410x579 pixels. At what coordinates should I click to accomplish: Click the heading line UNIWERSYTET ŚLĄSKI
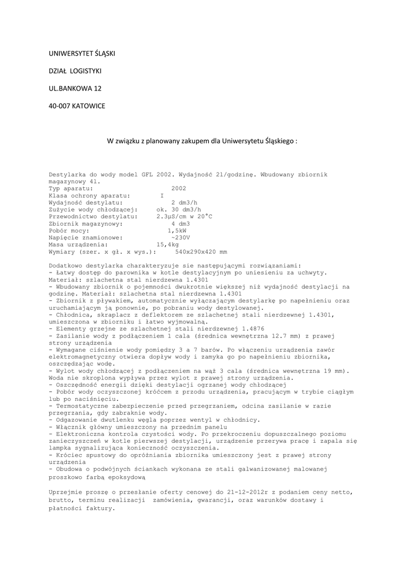pos(83,54)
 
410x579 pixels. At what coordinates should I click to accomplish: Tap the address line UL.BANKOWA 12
pos(75,89)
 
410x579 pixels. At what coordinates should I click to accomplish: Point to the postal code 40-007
pos(59,106)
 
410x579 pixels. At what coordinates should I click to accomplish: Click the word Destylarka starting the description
pos(69,175)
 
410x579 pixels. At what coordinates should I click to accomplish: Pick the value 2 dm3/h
pos(184,202)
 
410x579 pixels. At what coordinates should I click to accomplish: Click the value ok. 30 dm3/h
pos(179,209)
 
